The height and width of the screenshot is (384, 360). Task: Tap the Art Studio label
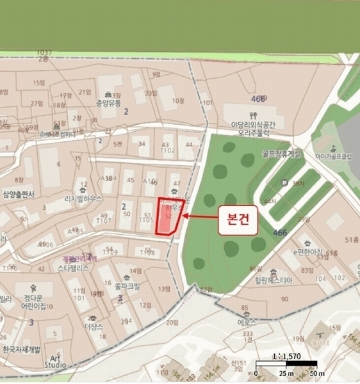(54, 361)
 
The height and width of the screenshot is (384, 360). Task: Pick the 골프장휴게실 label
(281, 154)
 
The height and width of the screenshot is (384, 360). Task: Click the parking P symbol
(284, 183)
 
